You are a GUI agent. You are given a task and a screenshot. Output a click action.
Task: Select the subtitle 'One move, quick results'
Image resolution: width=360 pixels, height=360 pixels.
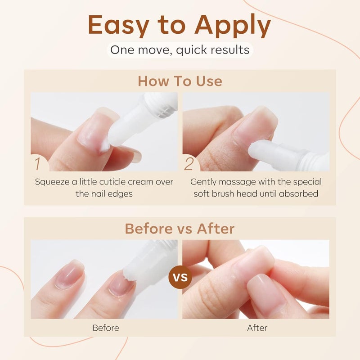(180, 49)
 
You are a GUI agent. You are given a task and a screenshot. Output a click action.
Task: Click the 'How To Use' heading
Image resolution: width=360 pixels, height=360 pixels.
(180, 81)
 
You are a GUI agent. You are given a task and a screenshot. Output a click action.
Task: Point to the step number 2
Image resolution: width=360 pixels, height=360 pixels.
(189, 163)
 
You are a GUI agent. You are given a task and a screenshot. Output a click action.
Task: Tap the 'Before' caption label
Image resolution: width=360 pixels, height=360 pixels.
(105, 328)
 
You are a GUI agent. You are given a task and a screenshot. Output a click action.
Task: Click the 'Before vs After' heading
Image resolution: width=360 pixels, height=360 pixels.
(180, 229)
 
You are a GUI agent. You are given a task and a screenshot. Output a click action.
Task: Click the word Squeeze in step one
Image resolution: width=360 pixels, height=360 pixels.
(51, 182)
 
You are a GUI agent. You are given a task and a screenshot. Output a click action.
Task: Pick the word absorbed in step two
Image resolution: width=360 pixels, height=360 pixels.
(303, 194)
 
